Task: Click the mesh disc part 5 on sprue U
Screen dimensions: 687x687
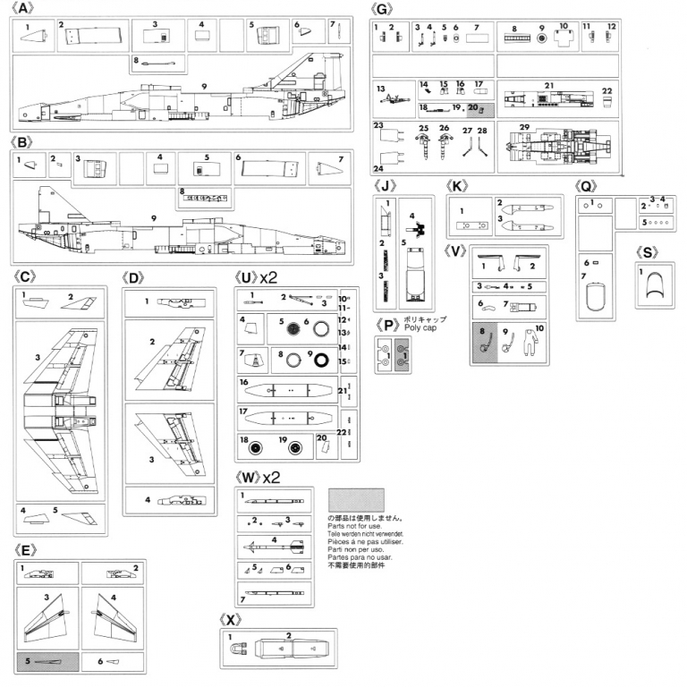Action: (288, 327)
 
